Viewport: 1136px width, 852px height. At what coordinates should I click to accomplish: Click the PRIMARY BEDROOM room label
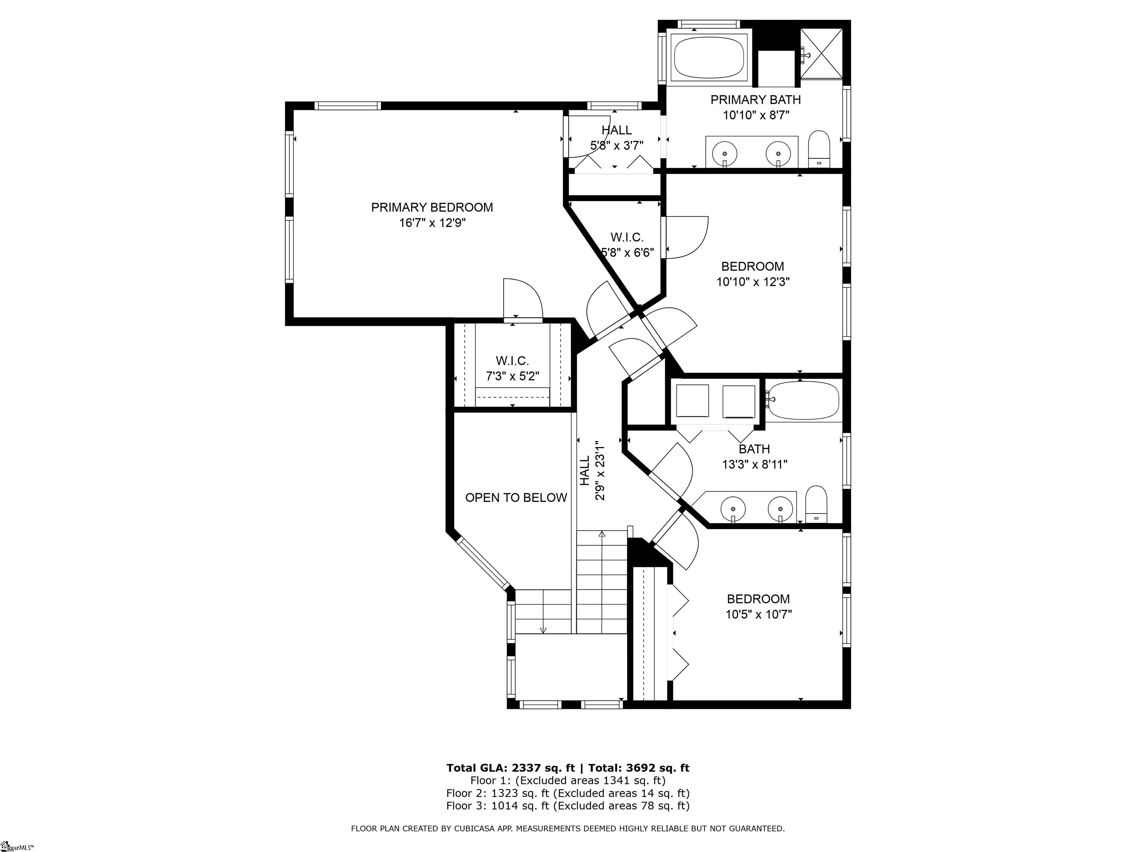tap(432, 207)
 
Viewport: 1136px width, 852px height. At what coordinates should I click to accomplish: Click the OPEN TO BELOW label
tap(516, 498)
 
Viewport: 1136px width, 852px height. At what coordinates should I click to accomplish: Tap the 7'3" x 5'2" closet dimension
tap(513, 376)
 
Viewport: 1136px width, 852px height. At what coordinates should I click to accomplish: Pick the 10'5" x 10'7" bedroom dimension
tap(758, 614)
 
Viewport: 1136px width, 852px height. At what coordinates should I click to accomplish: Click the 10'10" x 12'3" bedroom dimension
tap(753, 282)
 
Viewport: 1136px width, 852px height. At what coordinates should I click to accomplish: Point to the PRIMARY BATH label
tap(755, 99)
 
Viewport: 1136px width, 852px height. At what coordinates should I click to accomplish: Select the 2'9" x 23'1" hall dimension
tap(599, 470)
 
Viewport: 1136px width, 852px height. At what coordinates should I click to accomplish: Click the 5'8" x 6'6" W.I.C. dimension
tap(627, 253)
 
